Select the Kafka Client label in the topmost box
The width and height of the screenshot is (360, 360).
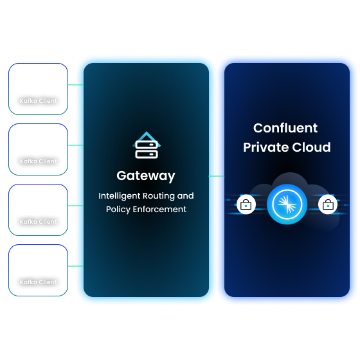pyautogui.click(x=39, y=101)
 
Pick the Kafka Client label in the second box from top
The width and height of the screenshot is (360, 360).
pyautogui.click(x=39, y=161)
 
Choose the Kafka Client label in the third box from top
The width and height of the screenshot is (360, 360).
pyautogui.click(x=39, y=222)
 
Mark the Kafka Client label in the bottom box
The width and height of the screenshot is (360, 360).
pyautogui.click(x=39, y=282)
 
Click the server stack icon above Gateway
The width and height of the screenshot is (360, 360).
pyautogui.click(x=146, y=146)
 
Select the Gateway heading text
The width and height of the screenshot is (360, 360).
pyautogui.click(x=146, y=175)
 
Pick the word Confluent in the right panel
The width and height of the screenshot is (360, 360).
pyautogui.click(x=285, y=128)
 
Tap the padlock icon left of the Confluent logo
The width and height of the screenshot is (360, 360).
pyautogui.click(x=246, y=205)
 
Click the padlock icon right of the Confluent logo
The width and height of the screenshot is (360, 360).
pyautogui.click(x=328, y=205)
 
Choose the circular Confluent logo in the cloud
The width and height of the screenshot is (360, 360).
pyautogui.click(x=287, y=205)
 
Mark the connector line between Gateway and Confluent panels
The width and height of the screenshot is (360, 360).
pyautogui.click(x=217, y=175)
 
